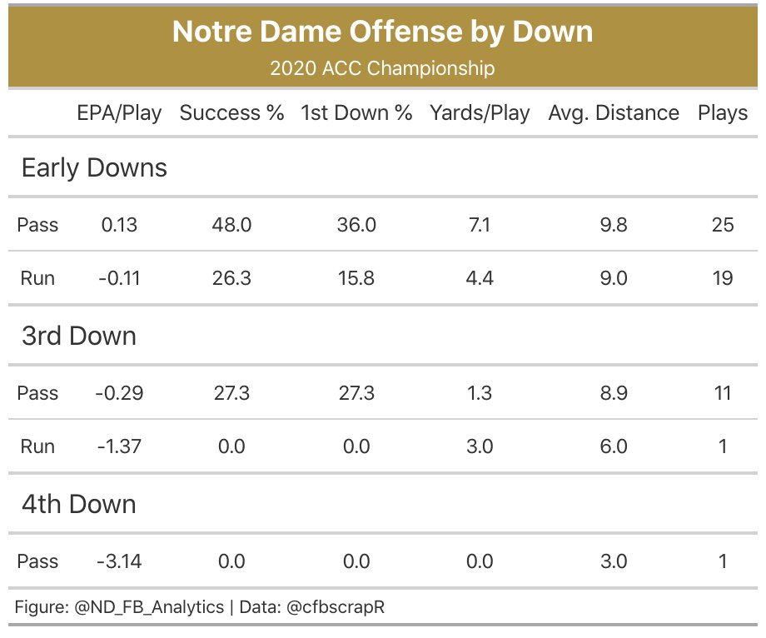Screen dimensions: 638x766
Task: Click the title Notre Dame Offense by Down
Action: [382, 32]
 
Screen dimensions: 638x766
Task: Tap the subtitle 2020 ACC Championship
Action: [382, 68]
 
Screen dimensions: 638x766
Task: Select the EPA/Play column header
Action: [119, 113]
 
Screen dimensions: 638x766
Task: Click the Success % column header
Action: [231, 113]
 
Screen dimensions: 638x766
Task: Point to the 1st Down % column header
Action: [356, 113]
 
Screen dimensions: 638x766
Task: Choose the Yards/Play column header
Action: [480, 113]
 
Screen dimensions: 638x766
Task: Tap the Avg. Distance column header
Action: [614, 113]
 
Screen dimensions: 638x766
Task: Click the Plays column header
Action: [723, 113]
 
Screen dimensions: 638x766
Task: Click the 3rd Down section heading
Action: [78, 336]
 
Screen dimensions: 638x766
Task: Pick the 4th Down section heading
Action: [78, 504]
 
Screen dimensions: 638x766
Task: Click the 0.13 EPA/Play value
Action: [119, 225]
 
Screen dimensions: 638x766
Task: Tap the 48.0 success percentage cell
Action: [231, 225]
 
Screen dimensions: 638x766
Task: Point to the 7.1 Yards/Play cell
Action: [480, 225]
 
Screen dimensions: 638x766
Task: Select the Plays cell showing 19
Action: [723, 278]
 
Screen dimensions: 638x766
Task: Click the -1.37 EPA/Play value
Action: [119, 446]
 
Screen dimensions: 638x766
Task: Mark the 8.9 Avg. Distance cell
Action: [614, 393]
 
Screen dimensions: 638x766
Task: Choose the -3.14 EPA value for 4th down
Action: [119, 561]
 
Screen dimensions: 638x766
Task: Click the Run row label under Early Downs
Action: [37, 278]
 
